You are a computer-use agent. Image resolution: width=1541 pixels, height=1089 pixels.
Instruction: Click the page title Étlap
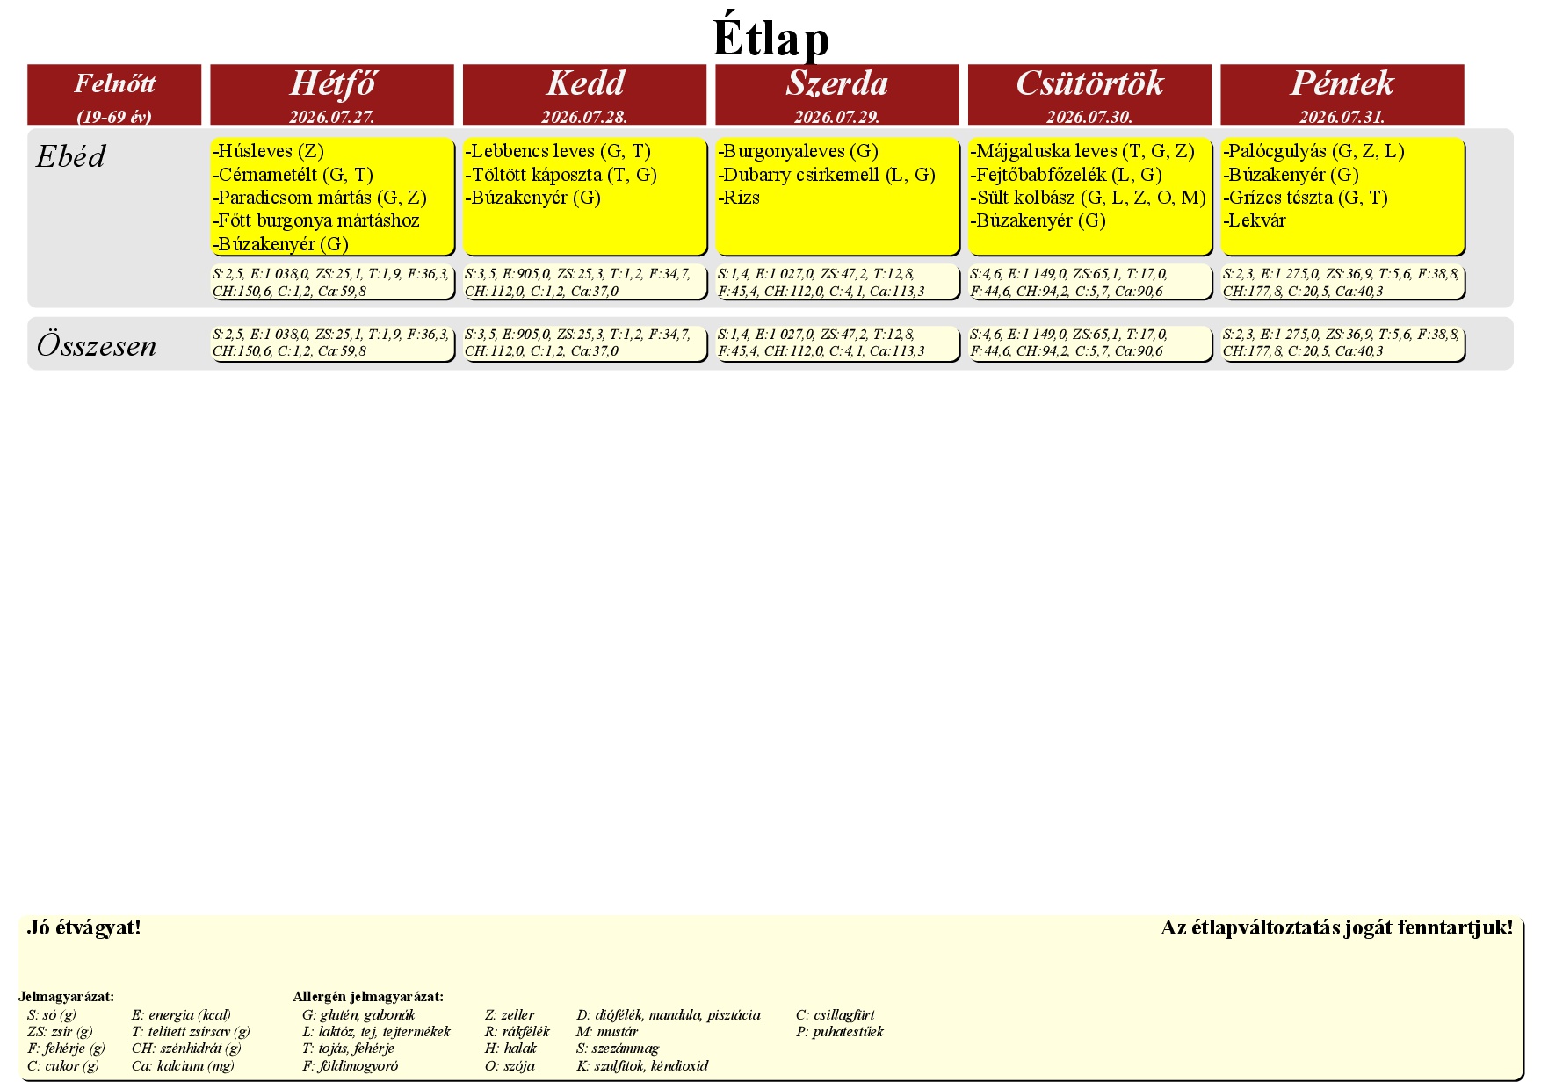click(770, 37)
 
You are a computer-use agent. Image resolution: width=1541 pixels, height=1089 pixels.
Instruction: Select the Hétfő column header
click(332, 83)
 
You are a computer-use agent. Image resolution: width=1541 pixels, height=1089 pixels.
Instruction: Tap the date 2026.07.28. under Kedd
click(584, 117)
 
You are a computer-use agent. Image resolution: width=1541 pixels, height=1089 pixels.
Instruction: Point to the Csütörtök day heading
click(1089, 83)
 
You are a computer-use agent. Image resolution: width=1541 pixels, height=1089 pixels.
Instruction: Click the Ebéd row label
click(70, 156)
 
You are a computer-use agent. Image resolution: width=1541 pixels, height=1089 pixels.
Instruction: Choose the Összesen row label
click(97, 345)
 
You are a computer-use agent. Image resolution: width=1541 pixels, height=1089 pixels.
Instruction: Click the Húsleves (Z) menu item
click(269, 151)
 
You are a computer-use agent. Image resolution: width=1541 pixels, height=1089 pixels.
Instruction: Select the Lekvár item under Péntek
click(1255, 220)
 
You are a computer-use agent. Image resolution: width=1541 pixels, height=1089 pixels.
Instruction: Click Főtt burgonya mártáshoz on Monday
click(316, 220)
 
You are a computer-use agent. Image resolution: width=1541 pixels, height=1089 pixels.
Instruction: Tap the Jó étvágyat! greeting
click(84, 927)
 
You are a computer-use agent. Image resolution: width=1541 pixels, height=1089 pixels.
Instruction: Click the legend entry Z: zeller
click(510, 1015)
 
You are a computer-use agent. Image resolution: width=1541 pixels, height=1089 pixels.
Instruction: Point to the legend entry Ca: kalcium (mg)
click(183, 1066)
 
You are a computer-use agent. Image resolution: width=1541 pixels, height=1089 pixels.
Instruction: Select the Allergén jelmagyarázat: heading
click(368, 997)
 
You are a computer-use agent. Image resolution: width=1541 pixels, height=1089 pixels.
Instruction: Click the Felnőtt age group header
click(114, 83)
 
